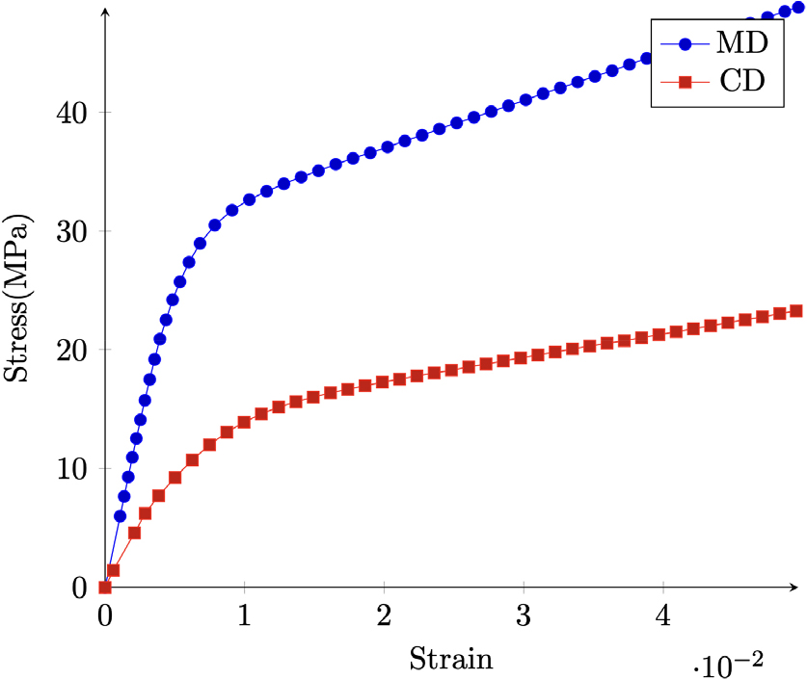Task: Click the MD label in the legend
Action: click(x=741, y=43)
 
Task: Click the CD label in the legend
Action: click(x=741, y=82)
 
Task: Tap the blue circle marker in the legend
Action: click(x=684, y=44)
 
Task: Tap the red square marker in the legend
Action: click(x=684, y=83)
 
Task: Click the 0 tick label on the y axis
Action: click(x=82, y=588)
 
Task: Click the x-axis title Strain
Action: click(x=451, y=660)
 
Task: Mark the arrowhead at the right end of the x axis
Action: click(x=796, y=587)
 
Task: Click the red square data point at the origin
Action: click(x=105, y=588)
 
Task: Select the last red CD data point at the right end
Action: click(x=796, y=311)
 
